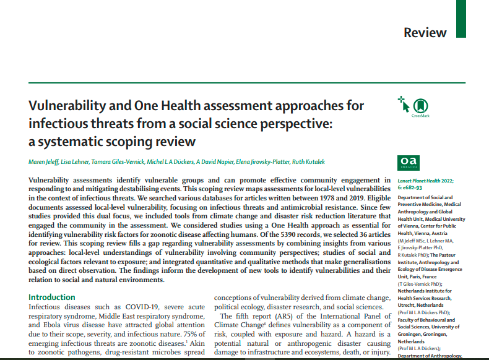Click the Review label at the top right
(x=425, y=33)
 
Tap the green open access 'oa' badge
(x=405, y=163)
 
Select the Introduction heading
(x=56, y=297)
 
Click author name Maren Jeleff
(x=44, y=162)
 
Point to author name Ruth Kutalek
(x=305, y=162)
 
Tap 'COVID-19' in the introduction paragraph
(x=144, y=307)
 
